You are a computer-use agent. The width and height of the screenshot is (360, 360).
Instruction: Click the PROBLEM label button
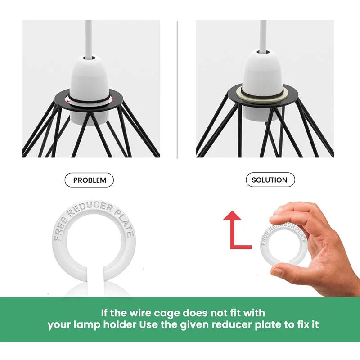click(89, 180)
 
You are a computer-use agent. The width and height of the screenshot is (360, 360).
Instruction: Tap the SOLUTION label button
click(270, 180)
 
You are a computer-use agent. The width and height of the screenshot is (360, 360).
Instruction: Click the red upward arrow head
click(233, 216)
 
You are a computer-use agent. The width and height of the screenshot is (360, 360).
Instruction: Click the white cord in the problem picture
click(88, 38)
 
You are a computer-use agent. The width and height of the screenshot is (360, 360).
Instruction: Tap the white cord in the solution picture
click(263, 35)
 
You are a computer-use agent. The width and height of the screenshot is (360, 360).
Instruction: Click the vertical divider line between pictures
click(177, 90)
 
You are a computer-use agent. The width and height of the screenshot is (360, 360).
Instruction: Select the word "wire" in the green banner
click(140, 313)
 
